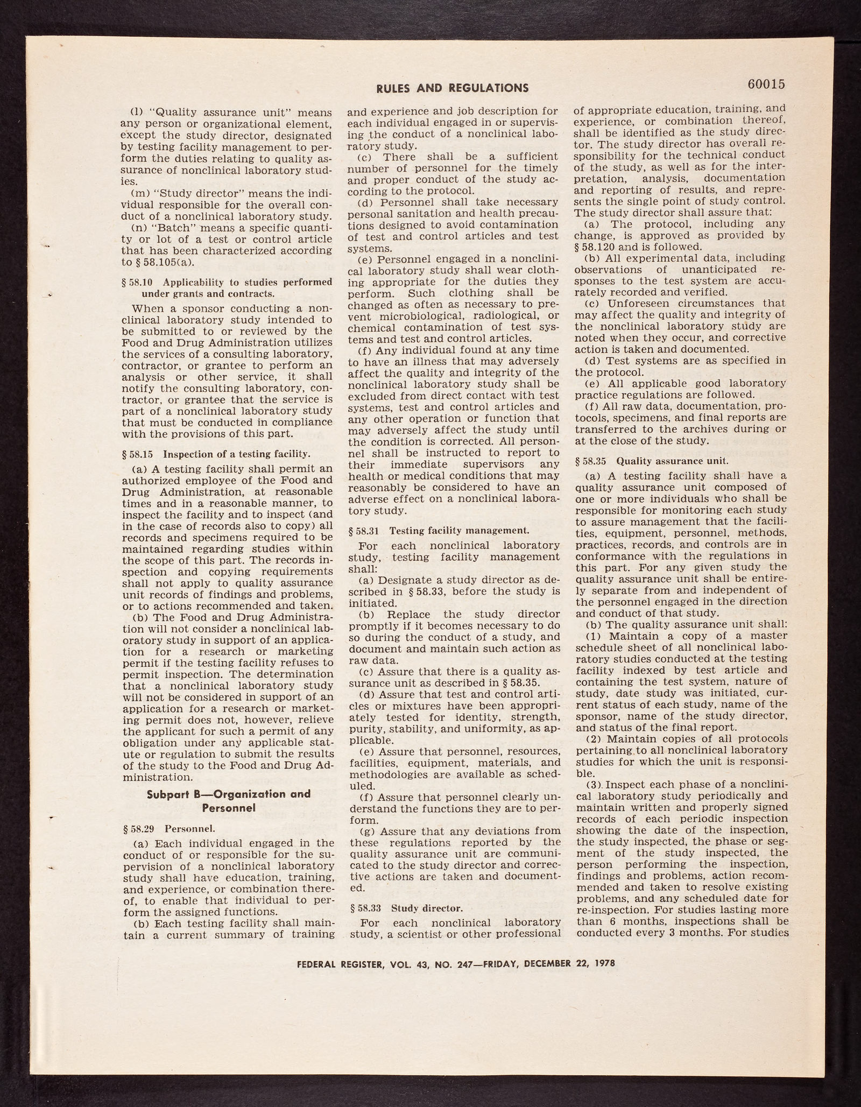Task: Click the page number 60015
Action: coord(766,84)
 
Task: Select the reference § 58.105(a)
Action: coord(163,263)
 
